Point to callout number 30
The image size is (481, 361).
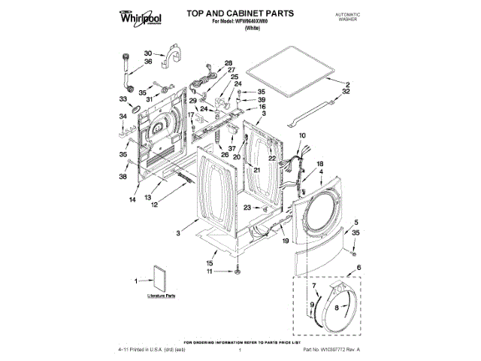pos(148,53)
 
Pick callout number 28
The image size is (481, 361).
pos(228,63)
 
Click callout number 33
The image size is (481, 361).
pos(123,99)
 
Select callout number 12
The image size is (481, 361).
pos(153,205)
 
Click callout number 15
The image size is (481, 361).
pos(210,262)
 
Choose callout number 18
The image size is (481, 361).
pos(319,164)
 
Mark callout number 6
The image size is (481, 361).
pos(358,268)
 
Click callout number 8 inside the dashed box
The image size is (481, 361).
pos(337,308)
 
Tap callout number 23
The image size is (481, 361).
pos(247,208)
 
